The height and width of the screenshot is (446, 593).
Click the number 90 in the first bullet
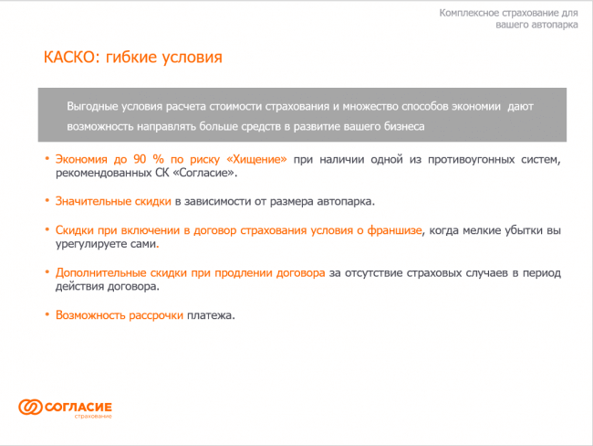[140, 159]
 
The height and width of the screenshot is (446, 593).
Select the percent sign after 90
[159, 159]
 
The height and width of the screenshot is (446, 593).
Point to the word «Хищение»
[256, 160]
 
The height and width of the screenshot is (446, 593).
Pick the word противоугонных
[471, 160]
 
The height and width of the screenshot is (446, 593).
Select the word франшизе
[394, 230]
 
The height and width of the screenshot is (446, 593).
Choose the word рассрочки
[156, 315]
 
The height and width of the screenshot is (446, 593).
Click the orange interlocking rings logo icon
[30, 407]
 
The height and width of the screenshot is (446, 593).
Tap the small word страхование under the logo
[93, 417]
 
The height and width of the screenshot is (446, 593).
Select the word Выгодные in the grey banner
[92, 107]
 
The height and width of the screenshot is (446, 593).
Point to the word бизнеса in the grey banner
[404, 126]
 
